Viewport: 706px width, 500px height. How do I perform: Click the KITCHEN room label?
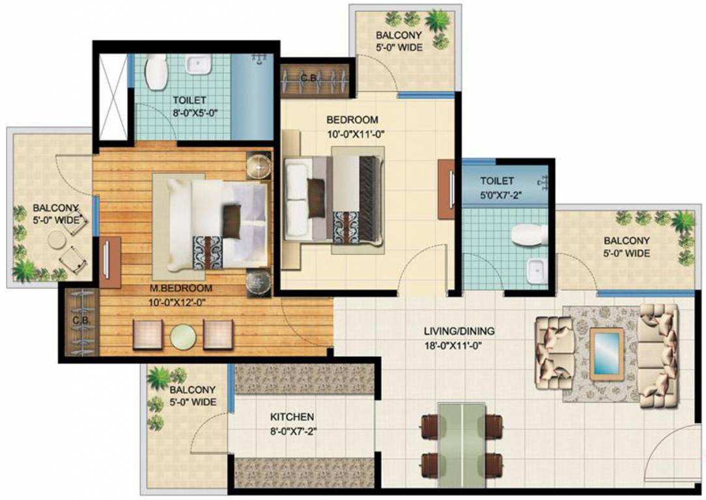[x=292, y=417]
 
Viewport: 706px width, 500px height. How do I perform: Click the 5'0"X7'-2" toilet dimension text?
[x=497, y=194]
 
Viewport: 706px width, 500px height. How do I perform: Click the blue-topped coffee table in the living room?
[x=606, y=352]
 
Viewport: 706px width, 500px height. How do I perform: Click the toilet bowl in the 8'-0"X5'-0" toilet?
[x=156, y=72]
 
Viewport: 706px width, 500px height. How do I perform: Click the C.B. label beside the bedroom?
[x=309, y=79]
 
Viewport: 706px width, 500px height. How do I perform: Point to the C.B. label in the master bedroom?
[x=80, y=321]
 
